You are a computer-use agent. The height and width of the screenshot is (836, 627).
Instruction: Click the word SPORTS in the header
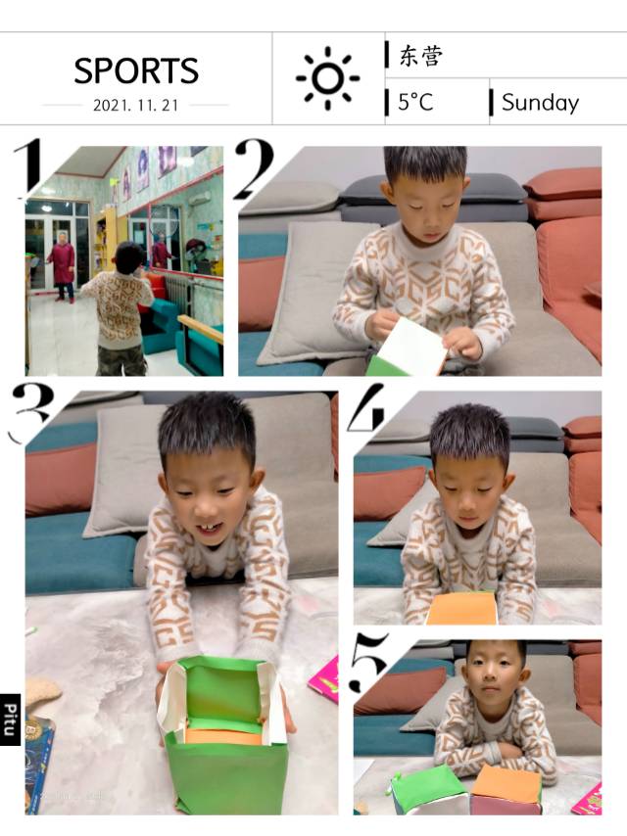(x=136, y=70)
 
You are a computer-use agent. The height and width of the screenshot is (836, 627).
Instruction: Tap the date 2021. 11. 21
(x=135, y=105)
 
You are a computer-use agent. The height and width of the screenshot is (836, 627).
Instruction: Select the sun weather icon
(x=327, y=78)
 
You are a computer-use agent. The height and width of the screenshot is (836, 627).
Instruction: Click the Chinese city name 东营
(x=421, y=56)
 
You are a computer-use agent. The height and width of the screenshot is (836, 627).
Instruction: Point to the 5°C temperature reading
(x=415, y=102)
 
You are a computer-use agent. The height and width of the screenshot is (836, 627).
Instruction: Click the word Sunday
(x=540, y=103)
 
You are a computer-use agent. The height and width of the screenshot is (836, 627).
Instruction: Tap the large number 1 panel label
(x=27, y=168)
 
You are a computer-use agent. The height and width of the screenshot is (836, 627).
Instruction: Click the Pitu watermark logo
(x=10, y=720)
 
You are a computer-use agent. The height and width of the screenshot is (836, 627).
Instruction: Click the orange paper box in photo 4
(x=462, y=609)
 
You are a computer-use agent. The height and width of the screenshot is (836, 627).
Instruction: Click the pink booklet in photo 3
(x=324, y=679)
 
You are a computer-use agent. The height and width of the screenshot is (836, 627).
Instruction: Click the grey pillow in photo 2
(x=314, y=291)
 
